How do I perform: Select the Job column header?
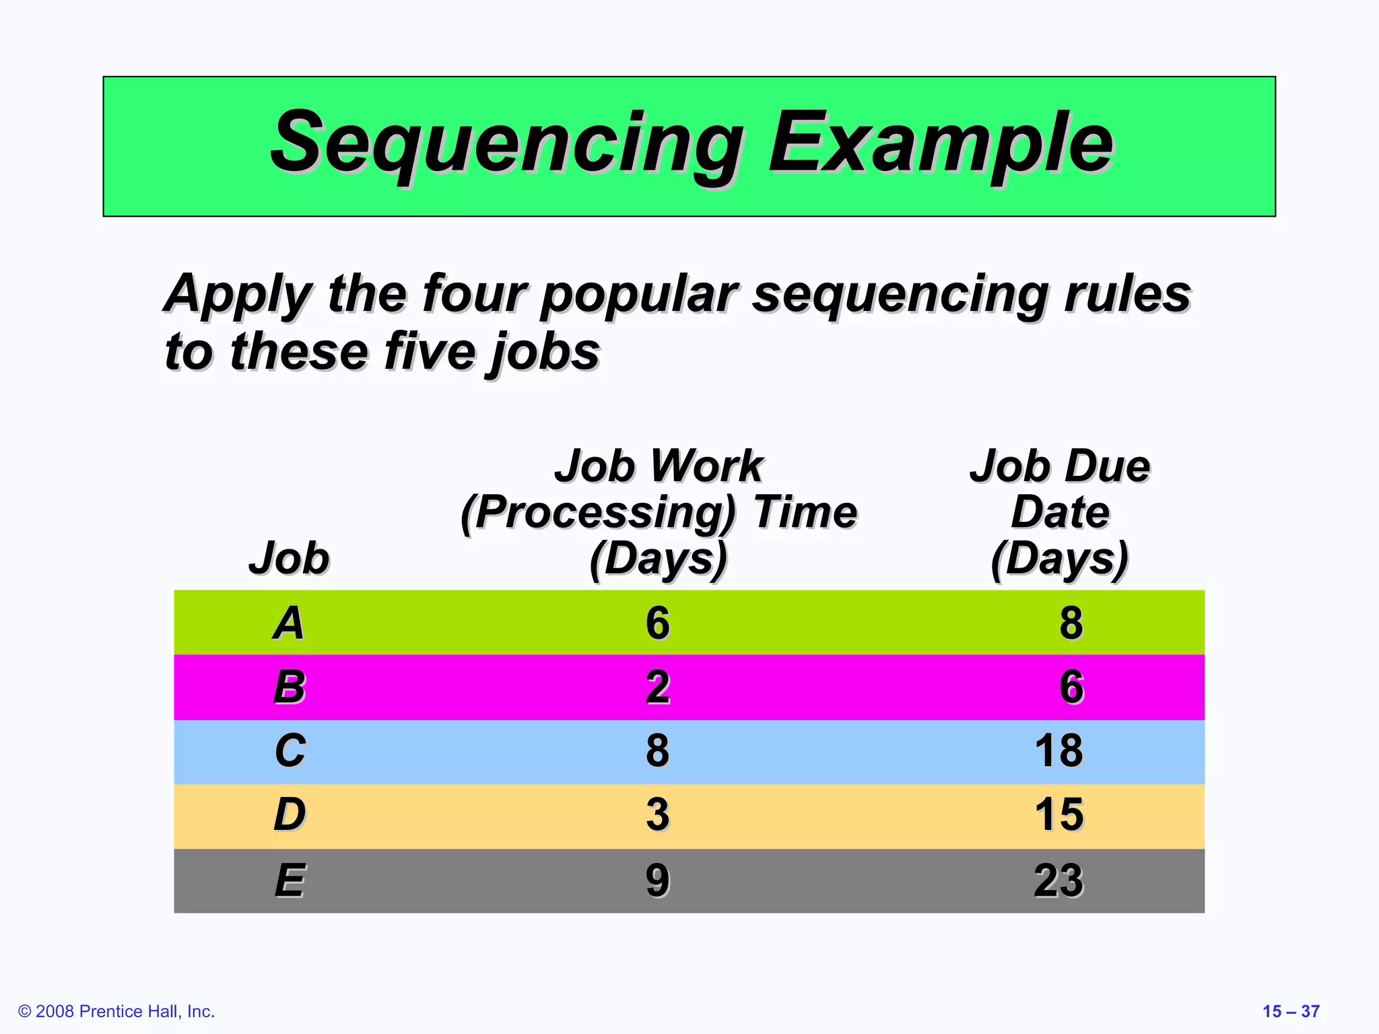289,558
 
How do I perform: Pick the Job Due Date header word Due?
1106,466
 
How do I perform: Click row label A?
289,623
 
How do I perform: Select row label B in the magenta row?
290,687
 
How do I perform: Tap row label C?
290,751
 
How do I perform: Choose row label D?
290,815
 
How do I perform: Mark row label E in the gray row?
290,880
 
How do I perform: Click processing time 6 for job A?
658,623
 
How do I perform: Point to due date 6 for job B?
1071,687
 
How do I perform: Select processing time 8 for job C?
658,751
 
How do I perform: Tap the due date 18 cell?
1059,751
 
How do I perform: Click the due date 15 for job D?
1059,815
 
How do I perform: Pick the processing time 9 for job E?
658,880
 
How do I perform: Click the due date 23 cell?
1059,880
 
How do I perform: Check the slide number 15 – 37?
1291,1011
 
